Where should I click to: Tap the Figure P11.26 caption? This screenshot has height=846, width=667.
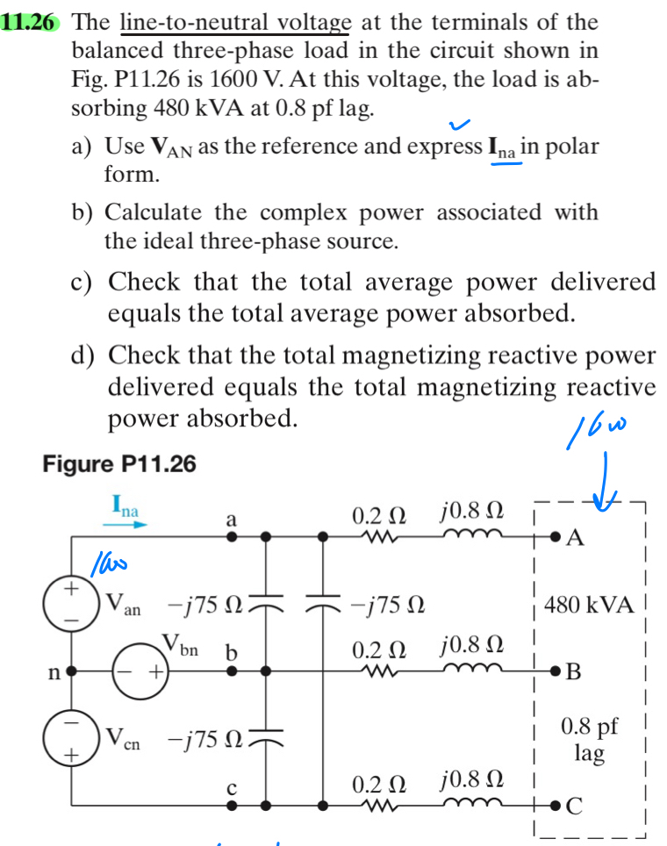(x=119, y=464)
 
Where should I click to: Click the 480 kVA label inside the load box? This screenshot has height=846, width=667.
(x=589, y=605)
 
